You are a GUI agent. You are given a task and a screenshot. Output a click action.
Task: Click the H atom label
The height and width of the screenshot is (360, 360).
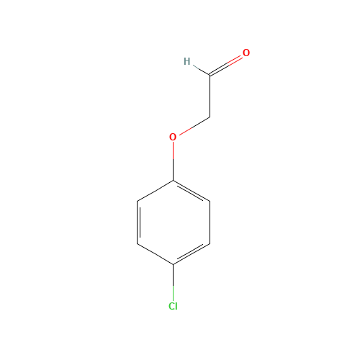pos(186,61)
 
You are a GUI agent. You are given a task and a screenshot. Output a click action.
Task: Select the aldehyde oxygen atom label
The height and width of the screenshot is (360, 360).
pos(246,53)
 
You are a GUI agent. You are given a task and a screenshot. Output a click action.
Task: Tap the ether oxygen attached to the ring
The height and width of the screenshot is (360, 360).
pos(173,137)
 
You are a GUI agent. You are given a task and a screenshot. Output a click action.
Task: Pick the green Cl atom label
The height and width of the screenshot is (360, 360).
pos(173,306)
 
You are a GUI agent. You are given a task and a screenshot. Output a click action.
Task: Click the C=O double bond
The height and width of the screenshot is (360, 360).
pos(226,64)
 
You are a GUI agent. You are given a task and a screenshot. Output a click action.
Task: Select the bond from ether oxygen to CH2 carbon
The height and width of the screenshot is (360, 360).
pos(193,125)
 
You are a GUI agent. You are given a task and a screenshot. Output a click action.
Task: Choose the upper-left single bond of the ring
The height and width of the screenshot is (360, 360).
pos(155,190)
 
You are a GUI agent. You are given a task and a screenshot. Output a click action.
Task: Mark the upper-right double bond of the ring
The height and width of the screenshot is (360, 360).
pos(192,190)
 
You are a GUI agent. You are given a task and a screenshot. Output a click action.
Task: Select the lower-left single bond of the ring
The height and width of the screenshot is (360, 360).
pos(155,255)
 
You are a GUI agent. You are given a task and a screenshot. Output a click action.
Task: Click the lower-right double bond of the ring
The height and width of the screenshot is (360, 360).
pos(192,255)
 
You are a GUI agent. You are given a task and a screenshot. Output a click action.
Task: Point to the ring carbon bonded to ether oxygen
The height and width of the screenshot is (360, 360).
pos(173,179)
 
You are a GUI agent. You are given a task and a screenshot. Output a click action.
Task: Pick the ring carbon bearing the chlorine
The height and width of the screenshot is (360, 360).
pos(173,265)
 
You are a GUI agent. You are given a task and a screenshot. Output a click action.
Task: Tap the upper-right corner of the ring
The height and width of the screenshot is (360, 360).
pos(210,201)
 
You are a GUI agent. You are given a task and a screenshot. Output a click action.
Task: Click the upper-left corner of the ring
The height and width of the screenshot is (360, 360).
pos(136,201)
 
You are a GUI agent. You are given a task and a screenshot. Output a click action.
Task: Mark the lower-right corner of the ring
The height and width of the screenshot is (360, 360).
pos(210,244)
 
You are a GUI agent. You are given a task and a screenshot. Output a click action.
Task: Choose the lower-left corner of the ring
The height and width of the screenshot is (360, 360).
pos(136,244)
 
